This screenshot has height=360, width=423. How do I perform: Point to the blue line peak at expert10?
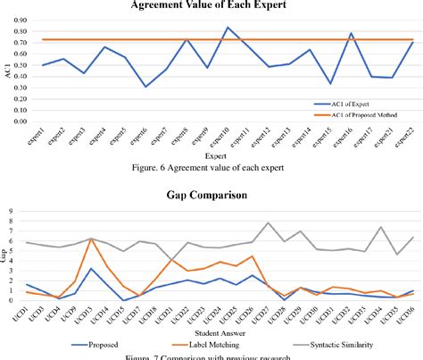pyautogui.click(x=227, y=27)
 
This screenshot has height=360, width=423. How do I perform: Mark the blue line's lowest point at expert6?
pyautogui.click(x=145, y=87)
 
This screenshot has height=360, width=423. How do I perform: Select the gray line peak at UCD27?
pyautogui.click(x=268, y=223)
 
